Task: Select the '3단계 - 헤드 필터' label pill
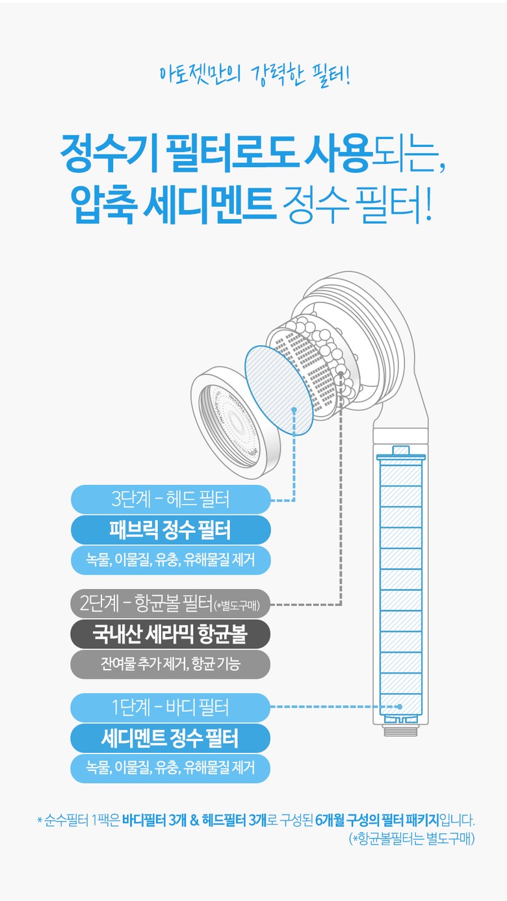point(170,499)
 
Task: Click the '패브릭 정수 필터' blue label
point(170,530)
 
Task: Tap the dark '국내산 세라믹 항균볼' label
point(170,634)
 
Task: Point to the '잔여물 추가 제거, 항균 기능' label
point(170,664)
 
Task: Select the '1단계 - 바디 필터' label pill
point(170,707)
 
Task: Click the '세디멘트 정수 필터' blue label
point(170,738)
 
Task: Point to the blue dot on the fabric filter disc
point(294,410)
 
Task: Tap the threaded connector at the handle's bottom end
point(400,730)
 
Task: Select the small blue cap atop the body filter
point(400,450)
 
